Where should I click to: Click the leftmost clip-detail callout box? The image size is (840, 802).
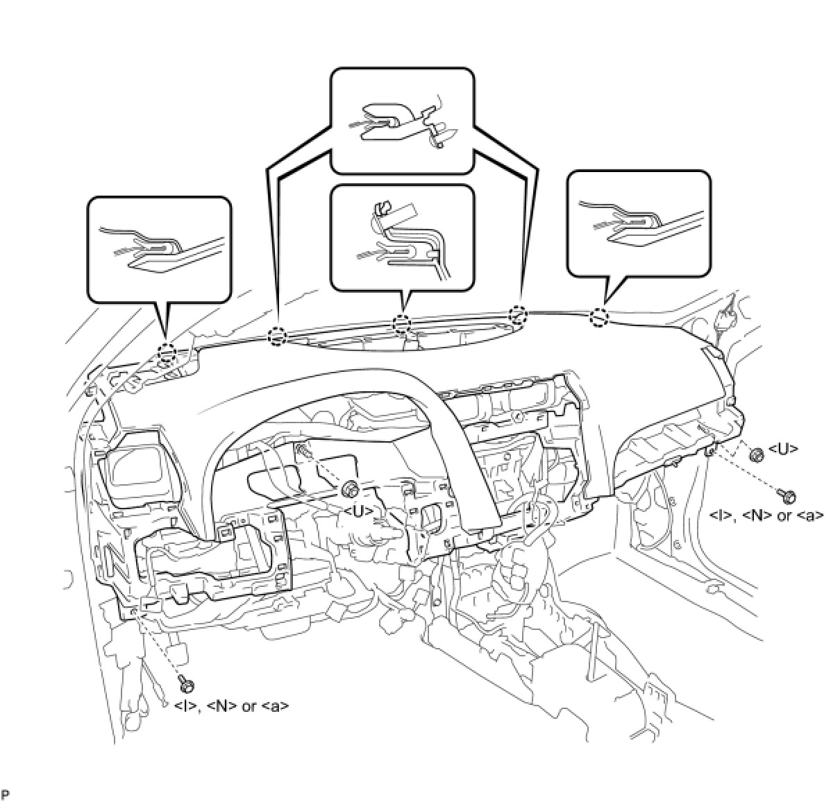pyautogui.click(x=159, y=248)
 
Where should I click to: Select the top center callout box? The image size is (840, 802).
pyautogui.click(x=403, y=120)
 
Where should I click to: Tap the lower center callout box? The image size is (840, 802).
pyautogui.click(x=403, y=236)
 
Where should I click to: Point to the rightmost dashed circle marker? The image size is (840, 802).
pyautogui.click(x=599, y=318)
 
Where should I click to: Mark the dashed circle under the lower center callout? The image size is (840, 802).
pyautogui.click(x=402, y=323)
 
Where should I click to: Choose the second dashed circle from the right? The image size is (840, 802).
pyautogui.click(x=518, y=314)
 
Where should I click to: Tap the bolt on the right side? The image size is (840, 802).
pyautogui.click(x=787, y=495)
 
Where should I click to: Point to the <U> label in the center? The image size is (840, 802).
pyautogui.click(x=359, y=511)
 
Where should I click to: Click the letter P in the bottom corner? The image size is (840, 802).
pyautogui.click(x=6, y=793)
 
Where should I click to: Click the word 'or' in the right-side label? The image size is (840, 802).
pyautogui.click(x=784, y=515)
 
